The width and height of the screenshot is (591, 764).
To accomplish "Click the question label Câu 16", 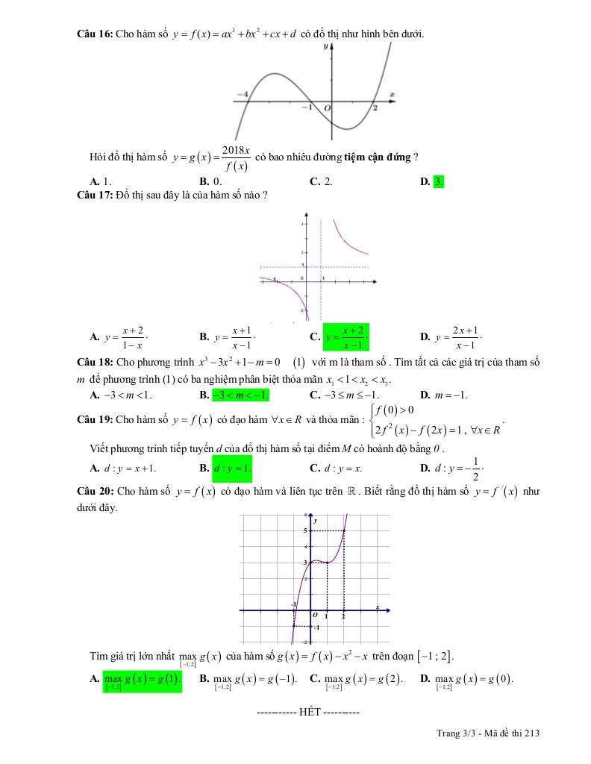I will point(94,34).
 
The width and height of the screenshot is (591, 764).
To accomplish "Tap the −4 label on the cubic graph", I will point(241,95).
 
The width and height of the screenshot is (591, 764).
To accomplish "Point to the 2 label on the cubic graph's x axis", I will point(375,108).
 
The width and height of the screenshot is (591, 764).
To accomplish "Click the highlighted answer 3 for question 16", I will point(439,181).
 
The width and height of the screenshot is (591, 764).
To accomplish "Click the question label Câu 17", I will point(94,195).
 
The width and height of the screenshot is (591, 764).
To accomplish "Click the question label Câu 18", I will point(94,361).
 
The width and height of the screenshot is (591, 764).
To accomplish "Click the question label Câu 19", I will point(94,419).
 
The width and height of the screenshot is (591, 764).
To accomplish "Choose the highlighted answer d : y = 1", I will point(232,469).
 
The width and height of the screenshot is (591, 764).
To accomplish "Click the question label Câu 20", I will point(94,492).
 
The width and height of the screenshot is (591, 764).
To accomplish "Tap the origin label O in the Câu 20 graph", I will point(315,616).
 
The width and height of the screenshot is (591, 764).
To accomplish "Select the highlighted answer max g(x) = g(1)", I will point(142,680).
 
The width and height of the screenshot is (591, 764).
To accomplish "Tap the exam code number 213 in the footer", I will point(531,733).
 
